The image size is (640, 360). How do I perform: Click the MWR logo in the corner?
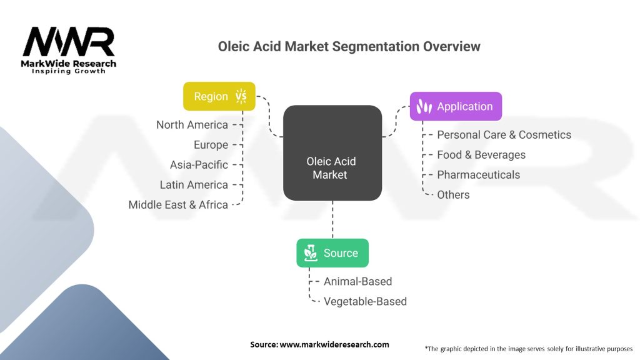(69, 50)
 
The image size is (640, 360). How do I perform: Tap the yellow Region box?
(219, 96)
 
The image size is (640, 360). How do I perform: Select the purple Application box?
(456, 106)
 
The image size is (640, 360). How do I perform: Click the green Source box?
(332, 253)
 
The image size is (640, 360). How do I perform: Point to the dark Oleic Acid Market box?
(332, 152)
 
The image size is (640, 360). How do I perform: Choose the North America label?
(192, 125)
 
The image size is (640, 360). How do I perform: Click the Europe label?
(211, 145)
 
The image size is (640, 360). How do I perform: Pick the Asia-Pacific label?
(199, 165)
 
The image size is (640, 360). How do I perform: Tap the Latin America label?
(194, 185)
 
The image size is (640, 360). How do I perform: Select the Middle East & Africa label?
(178, 205)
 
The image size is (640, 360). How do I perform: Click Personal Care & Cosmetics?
(504, 135)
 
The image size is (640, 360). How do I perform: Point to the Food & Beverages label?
(481, 155)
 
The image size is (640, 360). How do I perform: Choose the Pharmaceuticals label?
(478, 175)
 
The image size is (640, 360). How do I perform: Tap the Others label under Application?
(453, 195)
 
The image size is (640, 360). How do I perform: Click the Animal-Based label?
(357, 282)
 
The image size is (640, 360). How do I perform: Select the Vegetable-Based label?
(365, 302)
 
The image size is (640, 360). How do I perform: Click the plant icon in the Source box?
(311, 253)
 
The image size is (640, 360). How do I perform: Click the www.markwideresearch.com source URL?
(334, 344)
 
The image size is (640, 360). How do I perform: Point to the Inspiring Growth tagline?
(69, 71)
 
